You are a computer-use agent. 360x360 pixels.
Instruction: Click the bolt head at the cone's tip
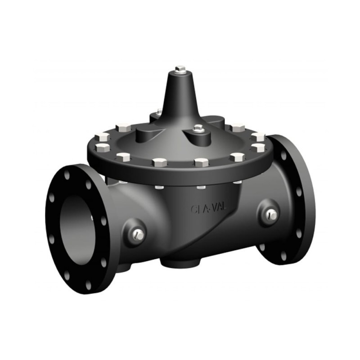(180, 69)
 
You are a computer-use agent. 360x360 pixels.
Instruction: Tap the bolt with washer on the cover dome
(198, 129)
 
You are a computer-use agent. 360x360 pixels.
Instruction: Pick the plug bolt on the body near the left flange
(139, 234)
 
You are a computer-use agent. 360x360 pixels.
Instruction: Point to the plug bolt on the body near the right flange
(271, 215)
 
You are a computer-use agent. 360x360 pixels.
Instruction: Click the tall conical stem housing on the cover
(180, 97)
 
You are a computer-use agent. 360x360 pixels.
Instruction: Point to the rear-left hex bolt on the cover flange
(123, 127)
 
